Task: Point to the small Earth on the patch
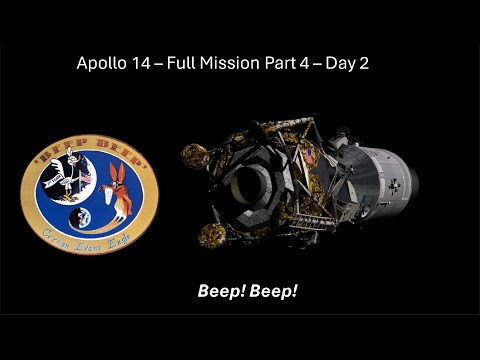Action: click(82, 217)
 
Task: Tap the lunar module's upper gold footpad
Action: click(193, 154)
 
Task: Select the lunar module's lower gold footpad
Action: click(213, 234)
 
